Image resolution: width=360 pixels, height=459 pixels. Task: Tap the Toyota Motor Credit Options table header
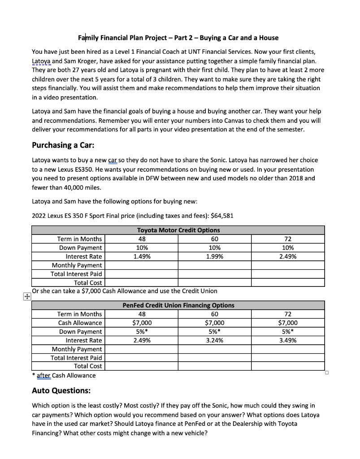178,230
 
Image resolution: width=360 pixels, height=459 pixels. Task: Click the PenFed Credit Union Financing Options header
178,305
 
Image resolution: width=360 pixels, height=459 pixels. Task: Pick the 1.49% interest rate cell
142,256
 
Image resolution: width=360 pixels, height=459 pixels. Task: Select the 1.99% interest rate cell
215,256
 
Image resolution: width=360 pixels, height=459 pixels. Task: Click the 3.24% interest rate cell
215,340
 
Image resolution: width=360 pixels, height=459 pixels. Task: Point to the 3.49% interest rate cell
287,340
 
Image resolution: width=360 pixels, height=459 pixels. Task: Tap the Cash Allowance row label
80,323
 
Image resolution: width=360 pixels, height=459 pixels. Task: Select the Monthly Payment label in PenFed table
77,349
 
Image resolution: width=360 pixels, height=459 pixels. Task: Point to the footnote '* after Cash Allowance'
64,375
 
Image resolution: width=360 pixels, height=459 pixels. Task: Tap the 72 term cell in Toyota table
287,239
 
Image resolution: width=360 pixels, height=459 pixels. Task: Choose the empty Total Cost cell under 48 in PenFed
142,366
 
